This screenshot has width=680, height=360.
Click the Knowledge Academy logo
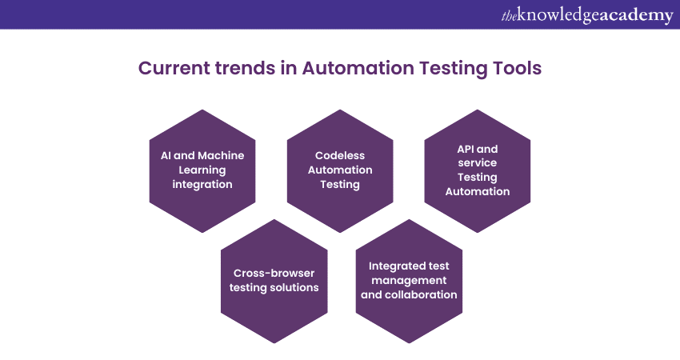click(x=587, y=16)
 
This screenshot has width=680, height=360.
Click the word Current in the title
click(x=174, y=68)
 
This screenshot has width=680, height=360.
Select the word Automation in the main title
click(x=358, y=68)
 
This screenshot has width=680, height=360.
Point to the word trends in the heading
click(x=245, y=68)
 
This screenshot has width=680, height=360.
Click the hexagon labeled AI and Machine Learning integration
click(x=202, y=171)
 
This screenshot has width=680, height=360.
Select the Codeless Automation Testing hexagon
click(x=340, y=171)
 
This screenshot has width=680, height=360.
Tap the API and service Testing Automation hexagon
click(x=478, y=171)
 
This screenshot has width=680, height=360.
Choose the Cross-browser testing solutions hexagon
click(x=274, y=281)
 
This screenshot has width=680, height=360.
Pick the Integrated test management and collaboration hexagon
click(x=409, y=281)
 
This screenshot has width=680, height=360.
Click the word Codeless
click(x=340, y=155)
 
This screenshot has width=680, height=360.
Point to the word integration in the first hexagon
click(x=202, y=185)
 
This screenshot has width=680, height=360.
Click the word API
click(x=466, y=149)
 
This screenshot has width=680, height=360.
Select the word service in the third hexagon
click(x=478, y=162)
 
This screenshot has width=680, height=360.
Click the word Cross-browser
click(x=274, y=273)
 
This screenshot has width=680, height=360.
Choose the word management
click(x=409, y=281)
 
